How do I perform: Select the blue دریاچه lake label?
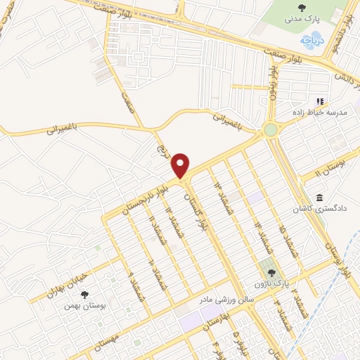click(314, 40)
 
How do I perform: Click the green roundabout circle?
click(271, 129)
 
